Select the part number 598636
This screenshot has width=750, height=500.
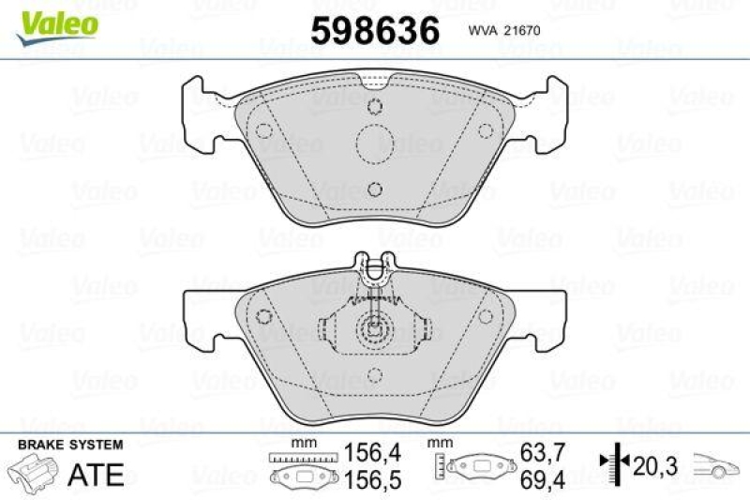coord(374,30)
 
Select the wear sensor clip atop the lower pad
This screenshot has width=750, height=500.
coord(373,272)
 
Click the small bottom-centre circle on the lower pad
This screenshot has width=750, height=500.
coord(373,375)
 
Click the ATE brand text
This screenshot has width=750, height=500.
coord(97,474)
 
